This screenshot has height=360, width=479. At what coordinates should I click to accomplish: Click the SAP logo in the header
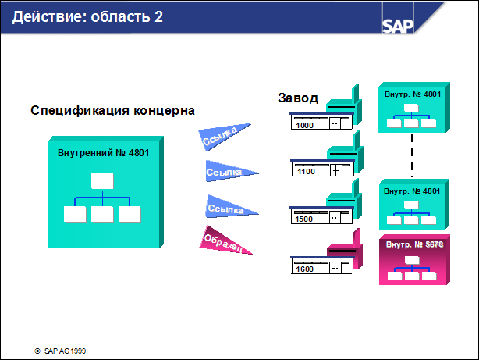click(398, 26)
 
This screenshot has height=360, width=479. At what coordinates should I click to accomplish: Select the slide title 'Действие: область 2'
click(87, 17)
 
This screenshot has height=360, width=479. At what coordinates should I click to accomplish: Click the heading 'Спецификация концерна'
click(112, 110)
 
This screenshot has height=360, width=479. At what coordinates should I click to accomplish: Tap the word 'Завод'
click(298, 98)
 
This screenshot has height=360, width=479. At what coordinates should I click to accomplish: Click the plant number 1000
click(304, 126)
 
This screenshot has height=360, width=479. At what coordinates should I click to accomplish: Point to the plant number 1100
click(306, 172)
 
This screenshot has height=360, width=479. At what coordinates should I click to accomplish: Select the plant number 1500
click(303, 219)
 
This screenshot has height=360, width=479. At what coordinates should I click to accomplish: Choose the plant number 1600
click(304, 269)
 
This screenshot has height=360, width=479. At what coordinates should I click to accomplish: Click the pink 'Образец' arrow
click(225, 241)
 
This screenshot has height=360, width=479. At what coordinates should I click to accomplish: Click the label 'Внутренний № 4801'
click(103, 152)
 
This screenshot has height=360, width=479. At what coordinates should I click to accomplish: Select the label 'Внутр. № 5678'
click(414, 244)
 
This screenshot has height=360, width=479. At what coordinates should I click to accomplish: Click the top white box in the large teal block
click(102, 180)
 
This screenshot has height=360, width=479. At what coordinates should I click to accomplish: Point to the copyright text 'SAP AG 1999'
click(65, 351)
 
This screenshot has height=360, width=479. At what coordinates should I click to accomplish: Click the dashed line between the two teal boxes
click(412, 155)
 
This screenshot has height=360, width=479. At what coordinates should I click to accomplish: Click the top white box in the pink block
click(412, 260)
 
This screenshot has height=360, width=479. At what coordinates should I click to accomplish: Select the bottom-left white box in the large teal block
click(75, 214)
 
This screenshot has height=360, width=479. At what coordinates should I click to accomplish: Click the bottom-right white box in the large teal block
click(130, 214)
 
